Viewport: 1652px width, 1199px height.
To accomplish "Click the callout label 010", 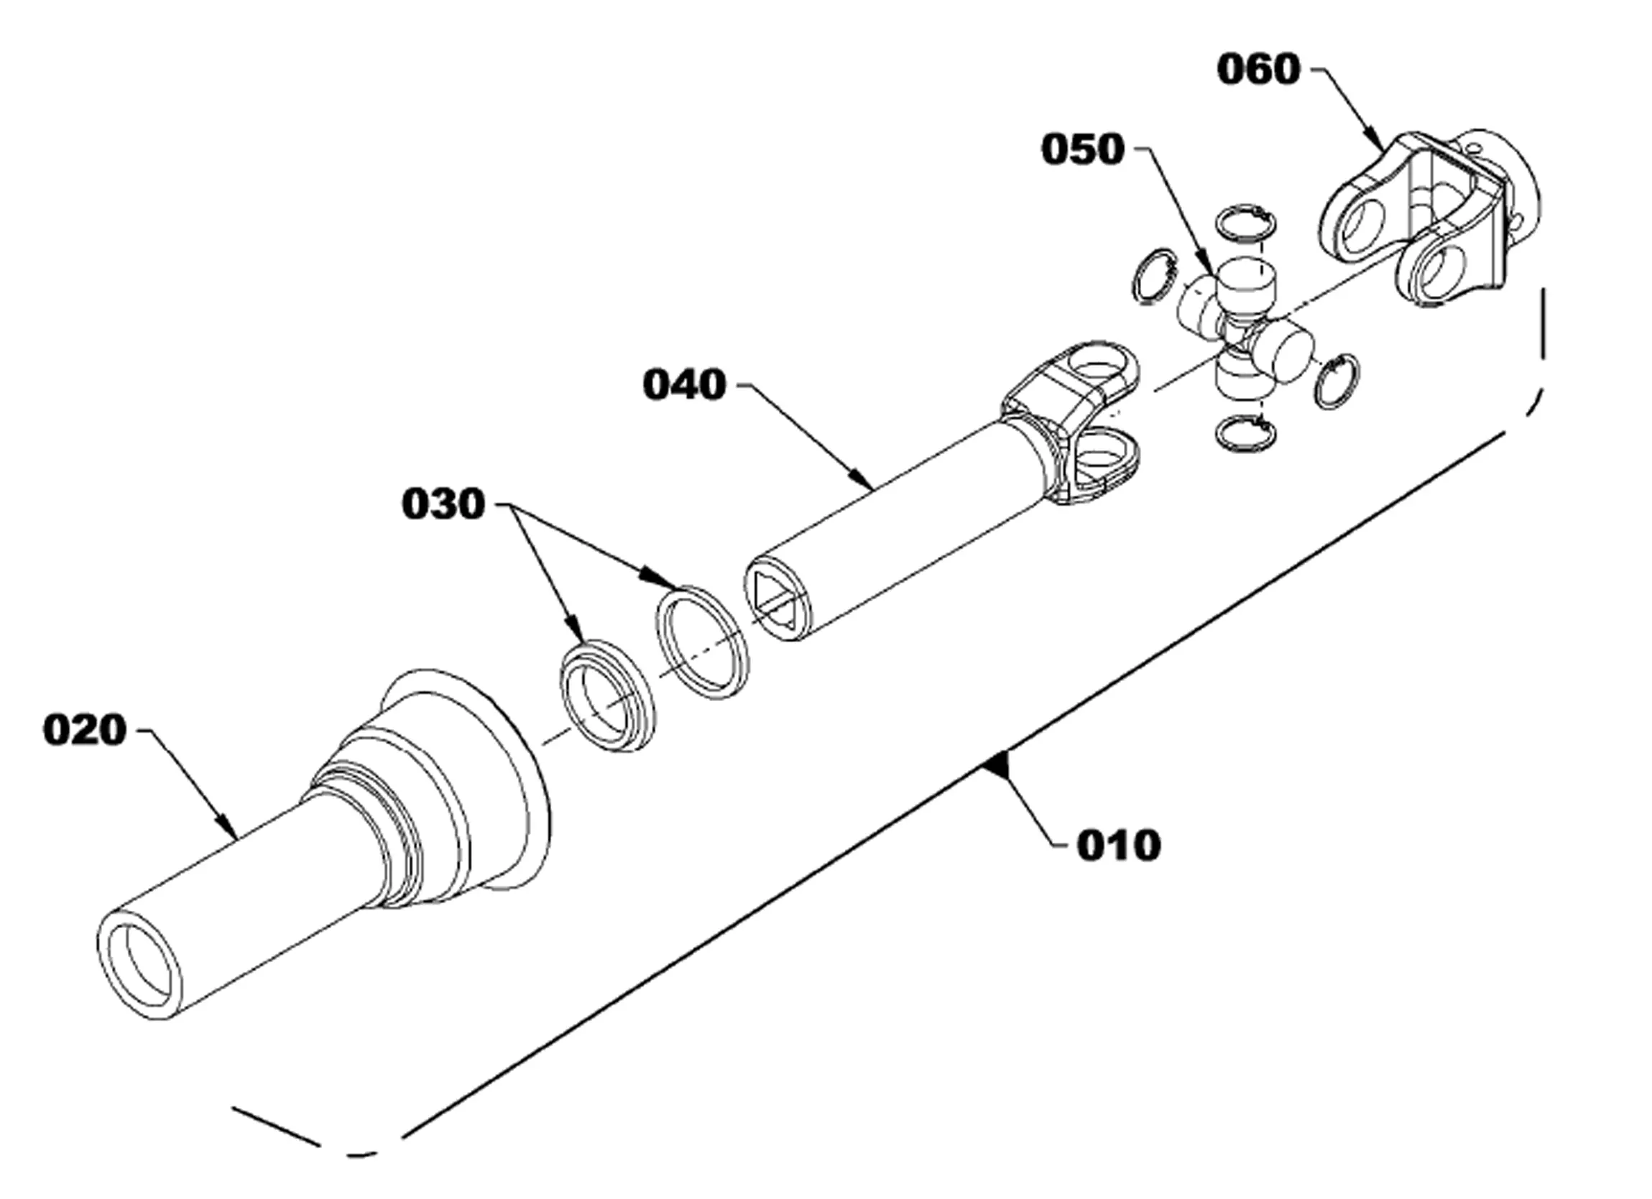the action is pos(1119,846).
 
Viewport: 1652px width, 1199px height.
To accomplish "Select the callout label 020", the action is pos(85,730).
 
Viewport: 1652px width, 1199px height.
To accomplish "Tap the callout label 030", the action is pos(443,504).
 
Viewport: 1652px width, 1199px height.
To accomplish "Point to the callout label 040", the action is pos(685,384).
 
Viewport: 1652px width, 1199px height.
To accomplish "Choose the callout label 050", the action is pos(1083,149).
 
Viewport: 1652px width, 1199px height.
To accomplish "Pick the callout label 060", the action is pos(1259,69).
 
